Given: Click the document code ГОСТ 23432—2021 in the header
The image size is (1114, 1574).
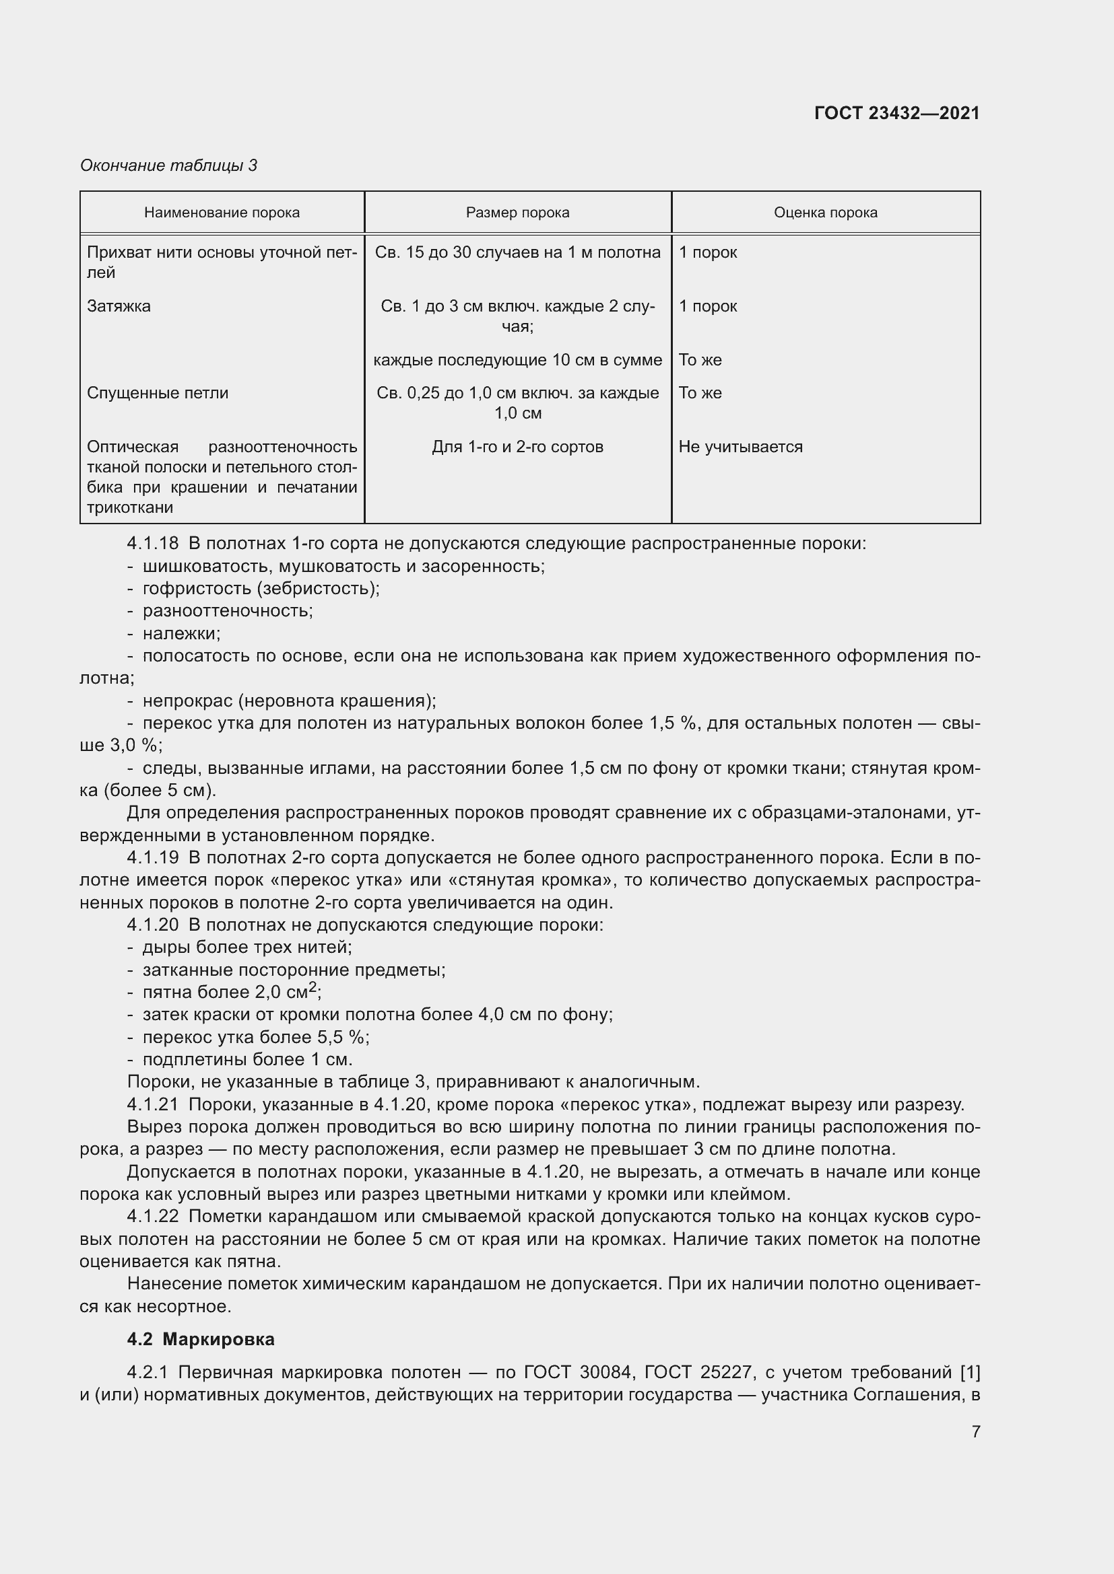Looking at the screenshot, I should click(896, 113).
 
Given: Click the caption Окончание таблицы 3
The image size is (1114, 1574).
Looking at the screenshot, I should click(168, 166).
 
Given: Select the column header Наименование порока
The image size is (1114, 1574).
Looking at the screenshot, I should click(222, 213).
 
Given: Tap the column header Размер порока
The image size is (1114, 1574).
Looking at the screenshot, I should click(517, 213).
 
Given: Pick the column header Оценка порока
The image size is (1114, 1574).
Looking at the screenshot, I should click(825, 213).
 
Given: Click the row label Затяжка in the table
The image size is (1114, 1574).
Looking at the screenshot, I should click(119, 306).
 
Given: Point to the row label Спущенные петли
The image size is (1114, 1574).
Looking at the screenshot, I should click(157, 393).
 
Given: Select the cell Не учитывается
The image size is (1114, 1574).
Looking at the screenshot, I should click(740, 447).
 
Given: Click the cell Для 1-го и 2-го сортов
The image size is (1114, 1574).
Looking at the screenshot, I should click(517, 447).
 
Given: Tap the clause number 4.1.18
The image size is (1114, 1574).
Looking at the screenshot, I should click(152, 544).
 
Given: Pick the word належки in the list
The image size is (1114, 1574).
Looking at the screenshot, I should click(181, 633).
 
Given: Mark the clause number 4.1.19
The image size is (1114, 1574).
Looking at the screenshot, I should click(152, 857).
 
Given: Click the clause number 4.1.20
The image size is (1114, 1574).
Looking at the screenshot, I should click(152, 925).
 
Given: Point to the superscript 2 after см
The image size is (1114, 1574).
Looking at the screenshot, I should click(313, 987).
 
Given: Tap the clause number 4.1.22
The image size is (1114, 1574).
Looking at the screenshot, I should click(152, 1216).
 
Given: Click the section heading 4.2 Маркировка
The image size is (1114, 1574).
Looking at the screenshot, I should click(200, 1339).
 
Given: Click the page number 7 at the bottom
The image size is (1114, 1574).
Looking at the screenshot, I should click(975, 1431).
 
